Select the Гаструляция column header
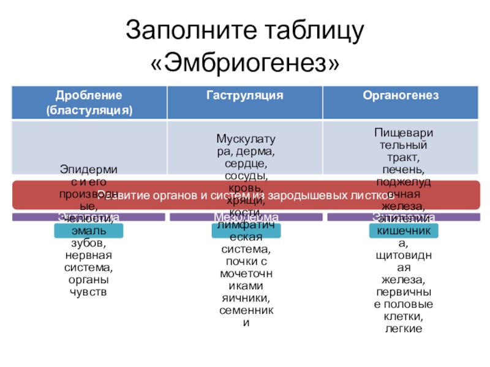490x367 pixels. click(244, 96)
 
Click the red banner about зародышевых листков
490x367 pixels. click(245, 195)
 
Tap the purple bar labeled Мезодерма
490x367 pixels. click(246, 217)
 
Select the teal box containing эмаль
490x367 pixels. click(89, 231)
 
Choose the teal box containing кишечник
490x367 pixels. click(401, 231)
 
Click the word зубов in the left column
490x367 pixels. click(89, 242)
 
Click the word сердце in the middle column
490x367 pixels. click(246, 163)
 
